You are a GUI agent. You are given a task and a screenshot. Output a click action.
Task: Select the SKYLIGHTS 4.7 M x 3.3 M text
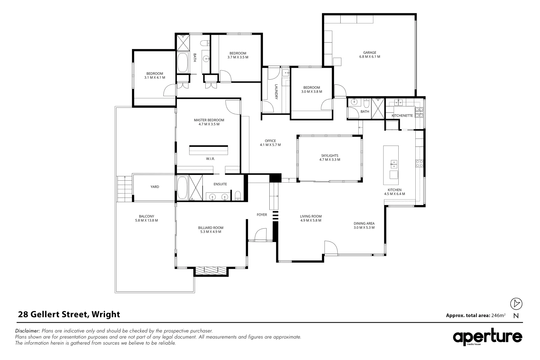330,158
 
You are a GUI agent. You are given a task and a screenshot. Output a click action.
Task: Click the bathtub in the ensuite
182,188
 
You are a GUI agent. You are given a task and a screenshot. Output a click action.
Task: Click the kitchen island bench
391,165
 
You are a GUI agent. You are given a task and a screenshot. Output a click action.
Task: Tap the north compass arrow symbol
516,304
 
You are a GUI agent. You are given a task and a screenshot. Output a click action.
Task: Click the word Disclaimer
28,331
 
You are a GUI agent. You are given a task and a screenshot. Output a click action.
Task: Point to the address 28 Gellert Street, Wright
69,314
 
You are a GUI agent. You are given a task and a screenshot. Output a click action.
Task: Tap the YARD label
155,187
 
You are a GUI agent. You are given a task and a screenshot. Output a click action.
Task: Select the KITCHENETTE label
402,116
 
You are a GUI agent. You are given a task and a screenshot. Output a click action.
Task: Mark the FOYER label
262,215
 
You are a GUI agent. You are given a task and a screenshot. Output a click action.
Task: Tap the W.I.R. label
210,159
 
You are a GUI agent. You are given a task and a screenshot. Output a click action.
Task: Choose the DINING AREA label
364,226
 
